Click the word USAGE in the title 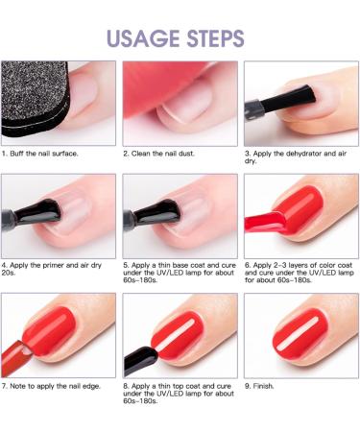pos(144,38)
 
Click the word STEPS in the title pos(216,38)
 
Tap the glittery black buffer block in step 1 pos(35,98)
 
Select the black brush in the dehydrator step pos(280,102)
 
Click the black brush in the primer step pos(31,214)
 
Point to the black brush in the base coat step pos(151,214)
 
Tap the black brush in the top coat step pos(140,360)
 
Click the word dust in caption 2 pos(186,154)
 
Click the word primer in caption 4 pos(53,265)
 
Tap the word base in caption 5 pos(180,265)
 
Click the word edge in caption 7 pos(91,386)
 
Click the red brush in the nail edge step pos(15,357)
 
